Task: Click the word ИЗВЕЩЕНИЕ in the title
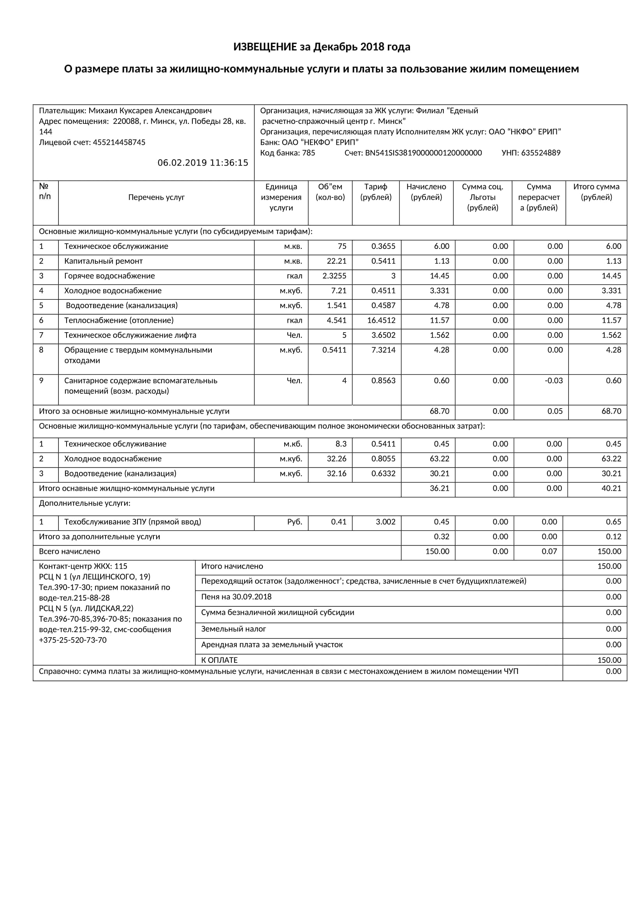pyautogui.click(x=265, y=47)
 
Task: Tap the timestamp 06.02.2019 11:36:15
pyautogui.click(x=202, y=163)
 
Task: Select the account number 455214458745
pyautogui.click(x=119, y=143)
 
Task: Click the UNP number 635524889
pyautogui.click(x=540, y=153)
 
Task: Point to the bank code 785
pyautogui.click(x=308, y=153)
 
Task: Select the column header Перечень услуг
pyautogui.click(x=156, y=197)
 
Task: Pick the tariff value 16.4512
pyautogui.click(x=383, y=320)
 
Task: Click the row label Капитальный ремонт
pyautogui.click(x=103, y=261)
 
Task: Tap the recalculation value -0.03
pyautogui.click(x=554, y=381)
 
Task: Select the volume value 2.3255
pyautogui.click(x=334, y=276)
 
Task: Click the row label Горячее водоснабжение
pyautogui.click(x=109, y=276)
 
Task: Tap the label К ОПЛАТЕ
pyautogui.click(x=219, y=660)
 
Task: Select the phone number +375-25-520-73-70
pyautogui.click(x=72, y=640)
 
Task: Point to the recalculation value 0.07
pyautogui.click(x=549, y=552)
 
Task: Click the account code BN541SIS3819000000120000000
pyautogui.click(x=423, y=153)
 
